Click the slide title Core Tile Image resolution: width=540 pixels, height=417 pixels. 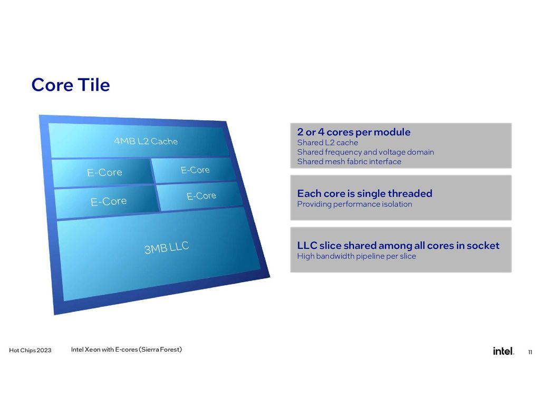coord(70,84)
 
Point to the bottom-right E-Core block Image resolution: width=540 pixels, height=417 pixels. coord(201,196)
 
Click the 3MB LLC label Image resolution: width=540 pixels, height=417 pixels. coord(167,247)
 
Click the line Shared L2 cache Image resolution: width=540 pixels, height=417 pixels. coord(327,143)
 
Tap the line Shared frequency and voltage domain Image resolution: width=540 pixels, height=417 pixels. coord(365,152)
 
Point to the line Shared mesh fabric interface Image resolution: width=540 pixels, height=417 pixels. coord(349,162)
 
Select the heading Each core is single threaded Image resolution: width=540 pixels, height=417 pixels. coord(364,193)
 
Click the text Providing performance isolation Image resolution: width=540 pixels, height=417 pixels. coord(354,204)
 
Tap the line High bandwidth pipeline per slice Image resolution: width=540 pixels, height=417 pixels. coord(356,256)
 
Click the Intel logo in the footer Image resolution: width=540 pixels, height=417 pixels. coord(503,351)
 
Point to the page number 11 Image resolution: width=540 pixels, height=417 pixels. coord(529,352)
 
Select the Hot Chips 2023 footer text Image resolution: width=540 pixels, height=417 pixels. coord(30,351)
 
